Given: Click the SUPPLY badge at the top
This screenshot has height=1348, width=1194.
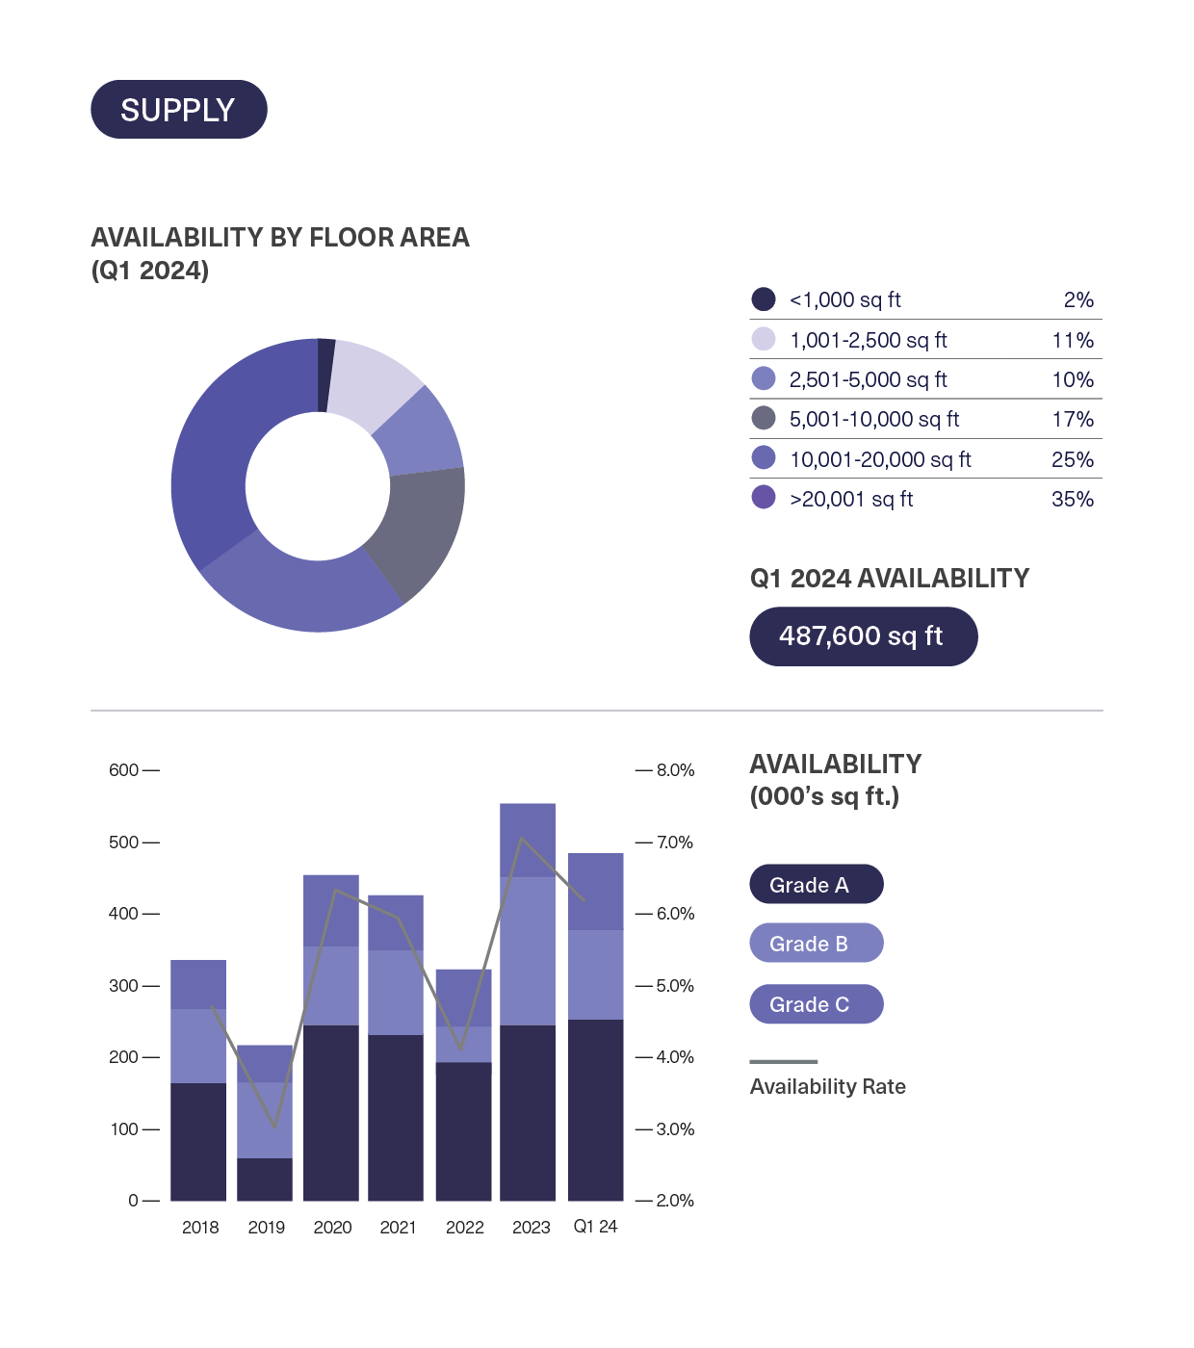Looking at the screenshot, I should [178, 110].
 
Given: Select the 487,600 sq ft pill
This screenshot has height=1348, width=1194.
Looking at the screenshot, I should [863, 636].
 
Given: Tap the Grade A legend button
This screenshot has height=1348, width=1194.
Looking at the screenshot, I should [816, 885].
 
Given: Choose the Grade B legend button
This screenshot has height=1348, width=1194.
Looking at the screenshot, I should [816, 944].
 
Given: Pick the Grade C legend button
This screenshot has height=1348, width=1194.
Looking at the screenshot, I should [816, 1004].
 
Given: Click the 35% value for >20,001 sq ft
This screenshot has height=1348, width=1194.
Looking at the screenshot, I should [1072, 499].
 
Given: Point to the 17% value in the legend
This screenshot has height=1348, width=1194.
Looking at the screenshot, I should [1072, 419].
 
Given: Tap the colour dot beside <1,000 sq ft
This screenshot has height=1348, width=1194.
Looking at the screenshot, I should [764, 299].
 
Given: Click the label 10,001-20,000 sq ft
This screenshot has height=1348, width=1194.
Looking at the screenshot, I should [880, 459].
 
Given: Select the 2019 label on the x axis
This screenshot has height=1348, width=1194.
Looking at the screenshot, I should [266, 1227].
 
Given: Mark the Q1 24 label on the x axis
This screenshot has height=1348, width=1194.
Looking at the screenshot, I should [595, 1226].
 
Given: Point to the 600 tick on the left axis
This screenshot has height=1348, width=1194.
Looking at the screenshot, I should [124, 770].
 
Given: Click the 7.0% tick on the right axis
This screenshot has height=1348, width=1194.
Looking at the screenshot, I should [675, 842].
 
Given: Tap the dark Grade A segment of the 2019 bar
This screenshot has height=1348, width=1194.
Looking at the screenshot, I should [265, 1179].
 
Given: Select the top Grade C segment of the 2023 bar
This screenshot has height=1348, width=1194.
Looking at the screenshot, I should [528, 840].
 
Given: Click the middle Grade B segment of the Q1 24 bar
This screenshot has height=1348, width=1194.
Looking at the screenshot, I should [595, 974].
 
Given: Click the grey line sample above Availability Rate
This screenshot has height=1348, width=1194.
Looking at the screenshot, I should [784, 1062].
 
